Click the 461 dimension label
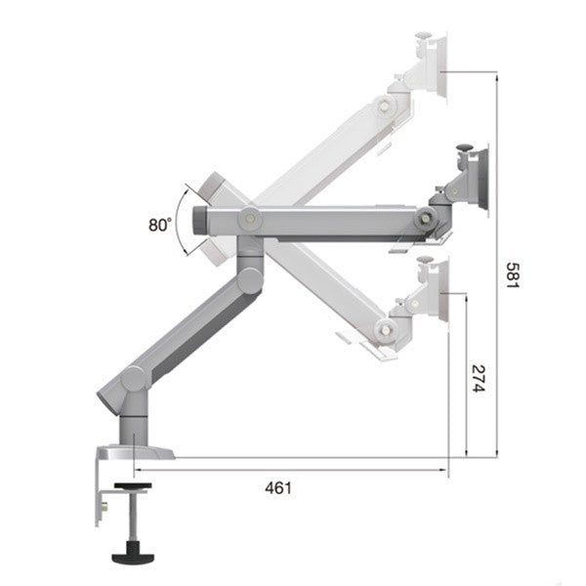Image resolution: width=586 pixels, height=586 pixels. [278, 488]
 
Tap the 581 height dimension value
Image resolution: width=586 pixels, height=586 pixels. [513, 275]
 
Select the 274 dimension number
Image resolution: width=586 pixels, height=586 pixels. [479, 378]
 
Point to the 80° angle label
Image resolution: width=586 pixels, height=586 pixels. [160, 225]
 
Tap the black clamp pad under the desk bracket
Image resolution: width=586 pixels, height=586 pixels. [133, 485]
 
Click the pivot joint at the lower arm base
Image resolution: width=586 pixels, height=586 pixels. [134, 379]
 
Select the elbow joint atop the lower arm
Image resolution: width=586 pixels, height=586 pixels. [250, 280]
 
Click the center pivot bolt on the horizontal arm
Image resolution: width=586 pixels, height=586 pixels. [251, 218]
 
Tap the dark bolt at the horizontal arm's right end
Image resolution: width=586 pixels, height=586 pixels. [425, 218]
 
